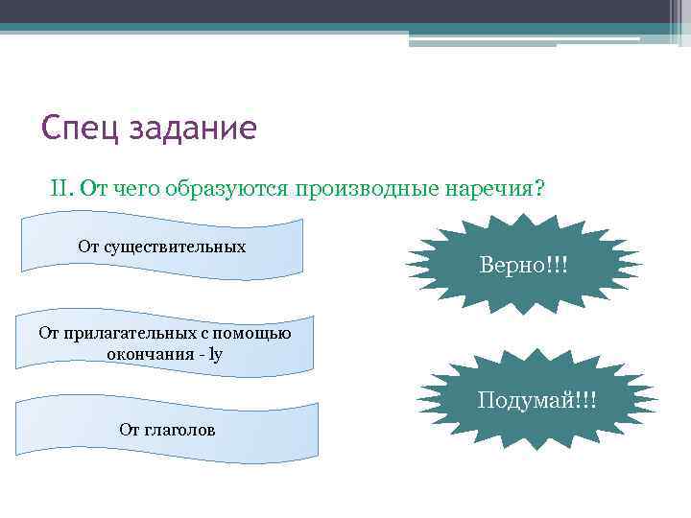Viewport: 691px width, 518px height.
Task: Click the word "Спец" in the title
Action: (x=81, y=128)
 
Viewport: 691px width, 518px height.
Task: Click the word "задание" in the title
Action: (x=193, y=128)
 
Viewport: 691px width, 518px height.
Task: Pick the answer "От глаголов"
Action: (x=167, y=430)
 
